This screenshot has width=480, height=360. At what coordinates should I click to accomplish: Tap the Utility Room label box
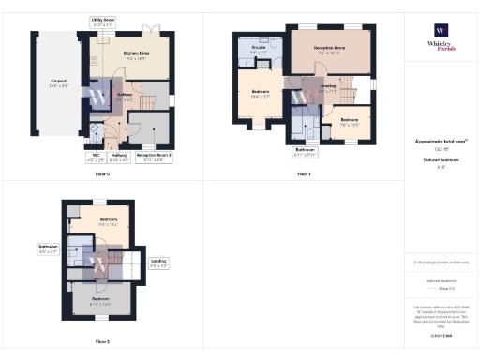[x=102, y=21]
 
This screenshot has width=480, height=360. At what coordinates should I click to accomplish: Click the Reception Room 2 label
[x=153, y=157]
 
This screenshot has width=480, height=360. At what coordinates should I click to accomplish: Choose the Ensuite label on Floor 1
[x=260, y=50]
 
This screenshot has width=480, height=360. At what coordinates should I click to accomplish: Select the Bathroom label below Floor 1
[x=303, y=151]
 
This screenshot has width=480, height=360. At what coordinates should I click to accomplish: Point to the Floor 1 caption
[x=303, y=173]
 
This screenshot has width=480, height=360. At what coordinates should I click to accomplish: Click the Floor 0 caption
[x=102, y=173]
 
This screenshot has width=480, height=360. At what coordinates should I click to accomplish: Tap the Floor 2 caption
[x=102, y=341]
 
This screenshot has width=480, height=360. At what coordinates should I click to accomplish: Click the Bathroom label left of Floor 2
[x=49, y=250]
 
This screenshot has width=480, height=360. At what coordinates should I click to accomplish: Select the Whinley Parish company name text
[x=440, y=45]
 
